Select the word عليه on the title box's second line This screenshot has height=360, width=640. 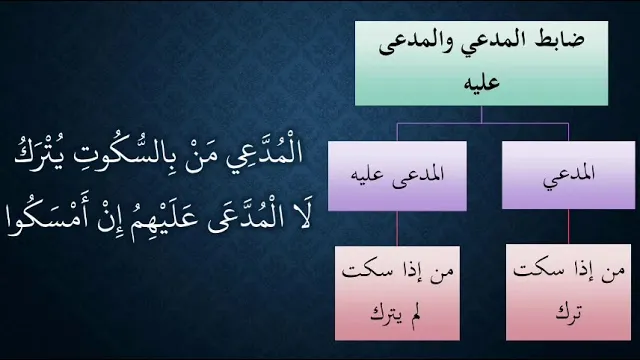tap(482, 82)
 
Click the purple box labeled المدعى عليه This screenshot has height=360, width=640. tap(397, 176)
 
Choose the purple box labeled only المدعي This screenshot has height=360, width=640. tap(569, 175)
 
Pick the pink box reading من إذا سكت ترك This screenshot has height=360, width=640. tap(569, 292)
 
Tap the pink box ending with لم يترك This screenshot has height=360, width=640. tap(397, 293)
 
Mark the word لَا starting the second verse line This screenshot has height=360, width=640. tap(302, 217)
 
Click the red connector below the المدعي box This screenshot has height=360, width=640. tap(569, 227)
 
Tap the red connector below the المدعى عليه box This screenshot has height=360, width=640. tap(397, 229)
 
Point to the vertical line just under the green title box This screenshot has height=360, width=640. tap(482, 115)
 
